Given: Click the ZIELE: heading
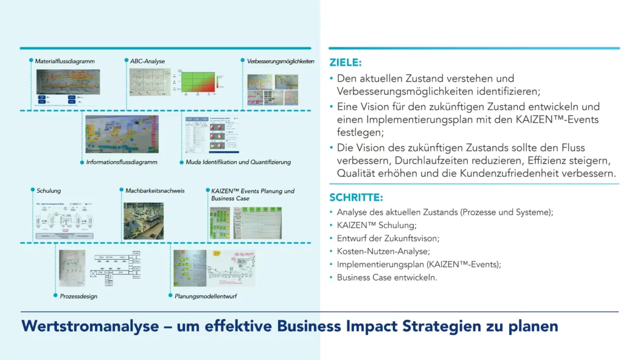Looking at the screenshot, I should point(345,63).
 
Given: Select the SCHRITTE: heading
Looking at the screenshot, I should point(356,198).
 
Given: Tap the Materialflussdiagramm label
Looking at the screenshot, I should point(64,61).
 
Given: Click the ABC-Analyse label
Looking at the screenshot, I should point(147,61).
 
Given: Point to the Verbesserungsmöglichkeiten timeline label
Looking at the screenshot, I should point(280,61).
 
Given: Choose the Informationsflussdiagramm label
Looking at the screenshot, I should point(122,162).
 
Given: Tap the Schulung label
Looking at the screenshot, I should point(48,191).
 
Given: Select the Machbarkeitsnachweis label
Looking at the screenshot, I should point(155,191).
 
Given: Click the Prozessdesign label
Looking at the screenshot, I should point(78,297).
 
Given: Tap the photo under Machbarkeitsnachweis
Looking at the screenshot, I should point(143,221).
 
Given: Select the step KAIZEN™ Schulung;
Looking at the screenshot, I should point(372,225).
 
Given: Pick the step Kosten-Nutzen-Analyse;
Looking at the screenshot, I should point(383,251).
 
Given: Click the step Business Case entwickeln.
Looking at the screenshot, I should point(387,277).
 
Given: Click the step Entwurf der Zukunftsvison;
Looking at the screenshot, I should point(388,238).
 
